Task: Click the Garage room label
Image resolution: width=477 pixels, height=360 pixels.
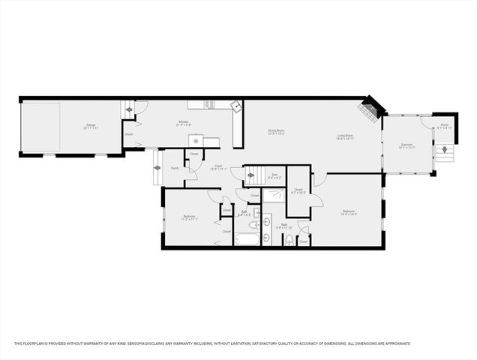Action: (91, 126)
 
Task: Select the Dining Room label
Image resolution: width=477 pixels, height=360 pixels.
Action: (277, 133)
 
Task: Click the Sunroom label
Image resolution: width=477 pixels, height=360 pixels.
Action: (406, 145)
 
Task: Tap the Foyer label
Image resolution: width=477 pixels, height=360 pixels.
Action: (218, 167)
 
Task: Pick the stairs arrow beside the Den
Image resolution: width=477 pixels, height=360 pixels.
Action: (250, 175)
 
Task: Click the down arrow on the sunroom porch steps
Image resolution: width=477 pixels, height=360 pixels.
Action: (445, 149)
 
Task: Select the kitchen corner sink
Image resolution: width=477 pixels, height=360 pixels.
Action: (236, 107)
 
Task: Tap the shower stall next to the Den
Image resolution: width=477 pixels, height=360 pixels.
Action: (273, 197)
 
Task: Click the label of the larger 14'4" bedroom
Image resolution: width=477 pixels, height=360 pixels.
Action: (349, 213)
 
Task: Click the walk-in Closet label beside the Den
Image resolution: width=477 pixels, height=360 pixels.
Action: (298, 191)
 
